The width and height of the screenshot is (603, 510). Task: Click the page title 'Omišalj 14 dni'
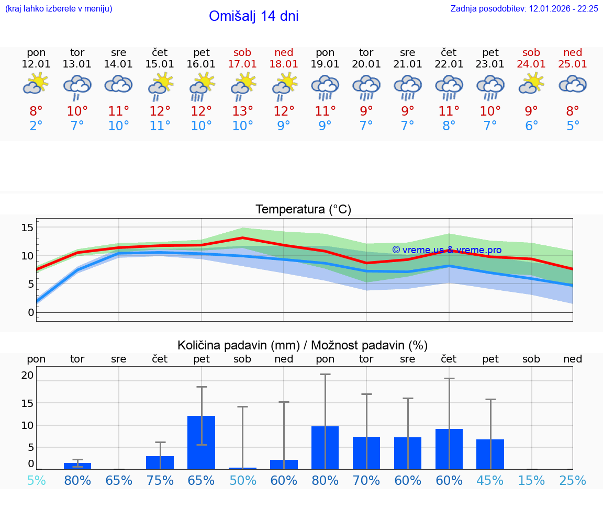click(253, 16)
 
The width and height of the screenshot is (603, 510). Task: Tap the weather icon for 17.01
click(243, 85)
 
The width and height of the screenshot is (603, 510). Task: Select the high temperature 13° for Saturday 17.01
click(242, 111)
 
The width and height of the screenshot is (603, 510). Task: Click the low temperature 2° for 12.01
click(36, 126)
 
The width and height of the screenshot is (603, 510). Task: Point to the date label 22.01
click(449, 64)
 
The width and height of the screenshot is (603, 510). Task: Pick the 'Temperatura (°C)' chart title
click(303, 210)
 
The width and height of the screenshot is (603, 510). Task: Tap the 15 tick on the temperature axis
click(27, 228)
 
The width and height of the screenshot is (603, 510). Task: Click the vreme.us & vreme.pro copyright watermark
click(446, 250)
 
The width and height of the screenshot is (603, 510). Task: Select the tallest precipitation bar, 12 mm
click(202, 442)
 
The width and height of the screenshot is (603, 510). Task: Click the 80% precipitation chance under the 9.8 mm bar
click(325, 481)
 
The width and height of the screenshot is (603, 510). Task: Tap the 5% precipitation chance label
click(36, 481)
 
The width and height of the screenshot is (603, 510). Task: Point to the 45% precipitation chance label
click(490, 481)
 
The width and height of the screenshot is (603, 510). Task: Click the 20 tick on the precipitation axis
click(27, 375)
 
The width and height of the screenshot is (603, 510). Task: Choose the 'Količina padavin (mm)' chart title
click(303, 345)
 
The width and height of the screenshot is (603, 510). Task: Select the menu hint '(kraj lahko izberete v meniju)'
click(59, 9)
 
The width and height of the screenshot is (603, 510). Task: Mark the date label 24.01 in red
click(531, 64)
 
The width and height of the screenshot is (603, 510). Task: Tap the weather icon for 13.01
click(77, 85)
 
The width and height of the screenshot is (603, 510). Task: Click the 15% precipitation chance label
click(531, 481)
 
